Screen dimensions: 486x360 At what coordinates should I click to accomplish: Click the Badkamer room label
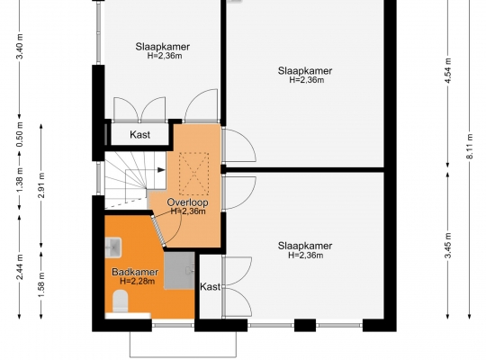point(135,272)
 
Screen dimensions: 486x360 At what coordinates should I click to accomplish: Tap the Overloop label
point(187,202)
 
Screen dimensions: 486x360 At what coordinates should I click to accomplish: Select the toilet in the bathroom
point(121,301)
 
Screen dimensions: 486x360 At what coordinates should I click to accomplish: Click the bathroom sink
point(113,247)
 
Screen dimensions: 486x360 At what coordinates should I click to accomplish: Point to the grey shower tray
point(179,271)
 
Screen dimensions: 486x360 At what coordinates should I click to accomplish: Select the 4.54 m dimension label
point(447,70)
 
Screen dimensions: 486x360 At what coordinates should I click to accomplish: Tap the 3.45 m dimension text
point(447,246)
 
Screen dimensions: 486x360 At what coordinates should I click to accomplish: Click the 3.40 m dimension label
point(20,47)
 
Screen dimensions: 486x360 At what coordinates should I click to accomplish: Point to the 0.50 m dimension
point(20,135)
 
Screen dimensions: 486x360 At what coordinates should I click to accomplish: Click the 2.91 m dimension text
point(41,185)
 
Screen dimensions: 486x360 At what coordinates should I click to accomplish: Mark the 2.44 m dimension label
point(20,266)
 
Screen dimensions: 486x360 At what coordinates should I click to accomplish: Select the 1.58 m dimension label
point(41,284)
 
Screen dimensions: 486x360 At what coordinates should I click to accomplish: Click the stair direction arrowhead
point(161,169)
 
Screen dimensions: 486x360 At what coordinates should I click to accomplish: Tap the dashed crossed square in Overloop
point(193,169)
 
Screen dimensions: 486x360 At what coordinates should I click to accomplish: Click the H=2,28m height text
point(138,281)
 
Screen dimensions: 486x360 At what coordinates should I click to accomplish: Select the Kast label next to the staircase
point(139,135)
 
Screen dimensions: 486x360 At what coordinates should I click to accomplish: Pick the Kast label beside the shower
point(210,286)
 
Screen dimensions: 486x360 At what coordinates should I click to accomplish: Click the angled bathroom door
point(158,230)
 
